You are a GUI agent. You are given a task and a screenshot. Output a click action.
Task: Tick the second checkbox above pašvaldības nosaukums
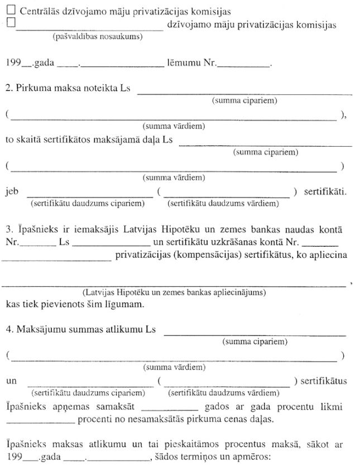(x=9, y=23)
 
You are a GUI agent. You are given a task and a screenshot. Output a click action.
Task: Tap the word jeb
(x=12, y=192)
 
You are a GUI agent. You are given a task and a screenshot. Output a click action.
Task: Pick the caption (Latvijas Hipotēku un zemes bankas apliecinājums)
(x=174, y=292)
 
